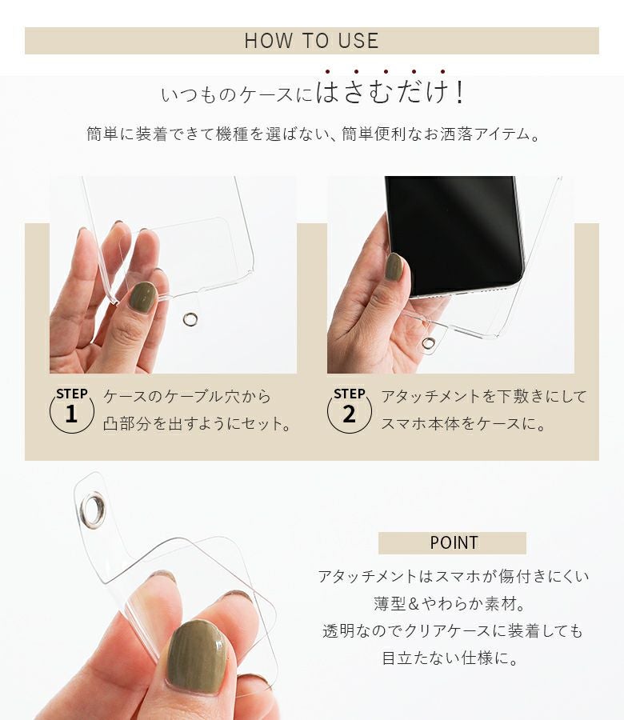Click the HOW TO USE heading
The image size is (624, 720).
tap(311, 41)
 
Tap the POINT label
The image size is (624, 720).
tap(454, 542)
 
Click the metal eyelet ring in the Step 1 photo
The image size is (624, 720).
tap(185, 319)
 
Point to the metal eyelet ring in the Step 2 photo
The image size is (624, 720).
tap(424, 342)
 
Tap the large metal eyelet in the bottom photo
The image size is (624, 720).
tap(83, 510)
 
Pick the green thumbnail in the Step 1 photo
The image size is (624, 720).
tap(142, 297)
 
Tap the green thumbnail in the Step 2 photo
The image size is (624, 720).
tap(394, 267)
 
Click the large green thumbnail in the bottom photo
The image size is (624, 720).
tap(198, 657)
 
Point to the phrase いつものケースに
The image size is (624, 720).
tap(237, 94)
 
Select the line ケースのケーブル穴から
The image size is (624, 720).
tap(187, 396)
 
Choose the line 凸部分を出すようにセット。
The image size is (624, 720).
tap(198, 423)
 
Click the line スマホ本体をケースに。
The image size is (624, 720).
tap(464, 423)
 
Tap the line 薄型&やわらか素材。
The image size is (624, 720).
tap(450, 603)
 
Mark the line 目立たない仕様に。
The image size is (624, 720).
tap(450, 658)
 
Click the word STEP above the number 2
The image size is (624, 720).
tap(350, 394)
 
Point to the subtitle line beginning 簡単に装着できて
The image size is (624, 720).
tap(314, 134)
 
